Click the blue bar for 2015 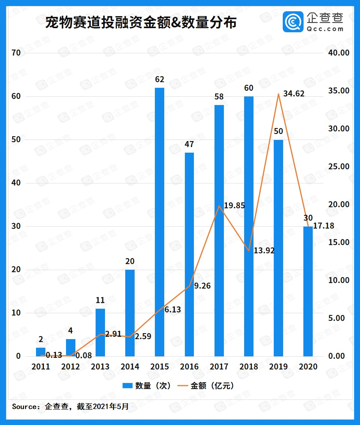click(159, 221)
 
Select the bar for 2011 click(41, 352)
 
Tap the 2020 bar click(308, 291)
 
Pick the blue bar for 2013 click(100, 332)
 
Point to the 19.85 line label click(234, 205)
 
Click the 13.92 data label click(264, 251)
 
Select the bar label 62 click(159, 80)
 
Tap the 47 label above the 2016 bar click(189, 144)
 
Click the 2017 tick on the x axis click(219, 366)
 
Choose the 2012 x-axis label click(70, 366)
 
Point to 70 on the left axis click(16, 53)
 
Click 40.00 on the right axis click(339, 53)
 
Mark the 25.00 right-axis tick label click(339, 167)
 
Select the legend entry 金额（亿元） click(207, 386)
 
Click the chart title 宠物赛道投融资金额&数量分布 click(141, 23)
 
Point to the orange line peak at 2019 click(278, 94)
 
